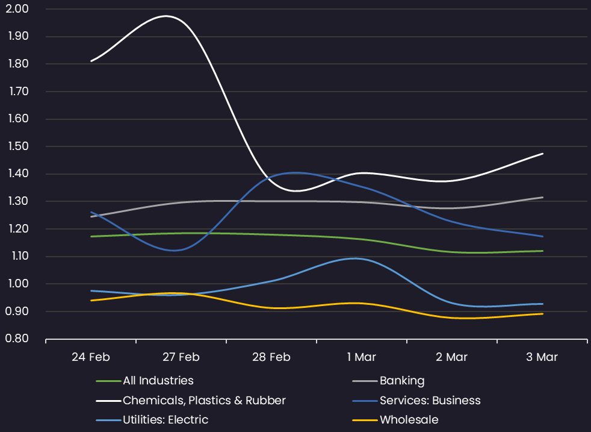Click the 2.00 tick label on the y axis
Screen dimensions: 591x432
(17, 8)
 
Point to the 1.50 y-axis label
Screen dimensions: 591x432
(19, 146)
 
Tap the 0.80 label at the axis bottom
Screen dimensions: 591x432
(17, 339)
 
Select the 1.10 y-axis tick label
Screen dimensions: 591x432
(19, 256)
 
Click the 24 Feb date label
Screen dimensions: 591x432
(91, 357)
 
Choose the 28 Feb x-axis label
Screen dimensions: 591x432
(271, 357)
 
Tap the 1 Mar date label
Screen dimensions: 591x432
(362, 357)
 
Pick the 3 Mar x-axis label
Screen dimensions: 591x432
(542, 357)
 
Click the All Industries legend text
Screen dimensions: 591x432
(158, 381)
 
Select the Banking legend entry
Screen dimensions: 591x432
(402, 381)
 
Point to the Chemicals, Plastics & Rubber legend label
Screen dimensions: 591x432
(204, 400)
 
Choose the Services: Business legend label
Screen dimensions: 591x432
(430, 400)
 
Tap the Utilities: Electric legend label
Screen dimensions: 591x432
(166, 419)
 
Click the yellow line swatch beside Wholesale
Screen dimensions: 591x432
(365, 420)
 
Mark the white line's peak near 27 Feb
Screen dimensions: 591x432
(166, 16)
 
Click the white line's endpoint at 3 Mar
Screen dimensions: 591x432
(542, 154)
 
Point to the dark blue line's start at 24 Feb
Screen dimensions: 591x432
(91, 212)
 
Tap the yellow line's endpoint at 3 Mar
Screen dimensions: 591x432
(542, 313)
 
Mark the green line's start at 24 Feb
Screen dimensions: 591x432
(91, 237)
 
